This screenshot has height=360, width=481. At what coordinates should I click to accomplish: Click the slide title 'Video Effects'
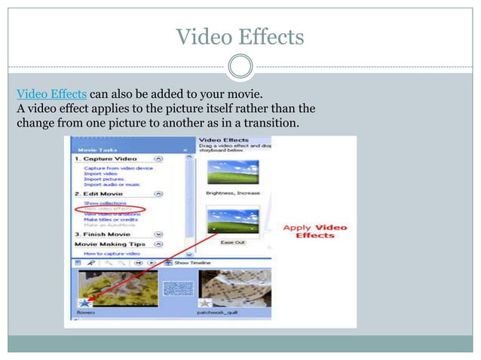[x=240, y=36]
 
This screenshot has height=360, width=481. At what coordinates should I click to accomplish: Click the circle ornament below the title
[x=240, y=67]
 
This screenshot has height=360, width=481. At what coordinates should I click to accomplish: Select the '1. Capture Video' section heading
[x=105, y=160]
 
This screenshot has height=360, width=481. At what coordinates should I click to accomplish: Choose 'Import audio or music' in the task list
[x=111, y=185]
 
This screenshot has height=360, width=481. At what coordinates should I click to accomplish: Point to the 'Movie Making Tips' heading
[x=111, y=244]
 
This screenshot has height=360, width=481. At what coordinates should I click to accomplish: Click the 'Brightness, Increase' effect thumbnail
[x=232, y=172]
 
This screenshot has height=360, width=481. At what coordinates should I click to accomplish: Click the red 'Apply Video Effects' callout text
[x=314, y=230]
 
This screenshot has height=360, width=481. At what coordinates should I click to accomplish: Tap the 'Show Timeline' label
[x=192, y=262]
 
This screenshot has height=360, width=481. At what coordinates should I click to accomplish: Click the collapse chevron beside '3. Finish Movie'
[x=158, y=234]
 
